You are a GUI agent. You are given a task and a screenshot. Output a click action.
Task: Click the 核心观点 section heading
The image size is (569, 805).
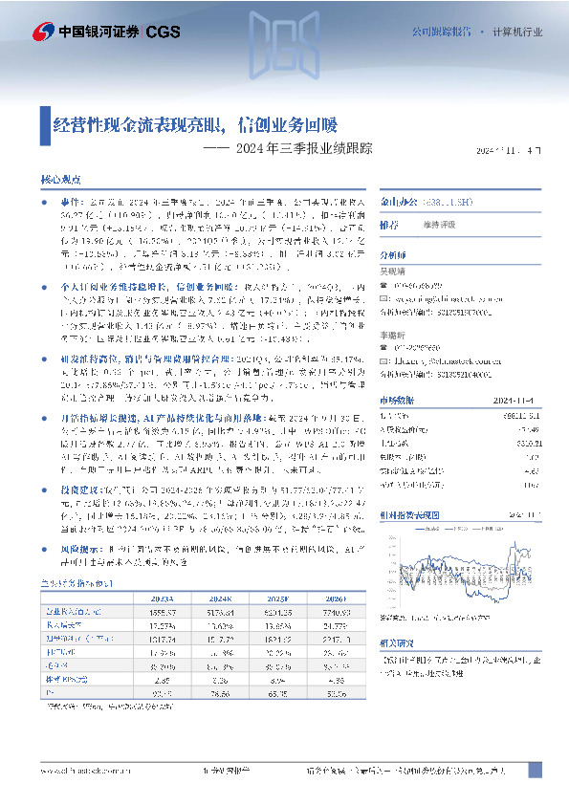59,179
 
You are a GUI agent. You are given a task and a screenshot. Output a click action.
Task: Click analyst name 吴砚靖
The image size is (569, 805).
393,272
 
